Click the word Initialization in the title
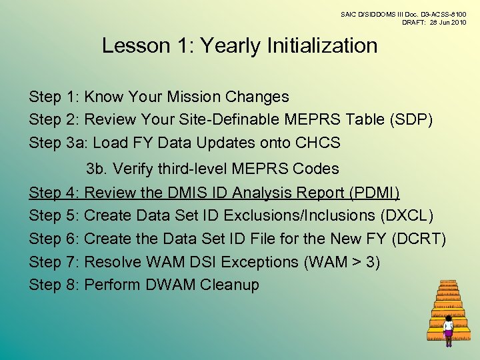pyautogui.click(x=322, y=46)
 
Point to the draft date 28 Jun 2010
pyautogui.click(x=443, y=23)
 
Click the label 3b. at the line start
pyautogui.click(x=97, y=169)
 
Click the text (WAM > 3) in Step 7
pyautogui.click(x=342, y=262)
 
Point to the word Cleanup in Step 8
pyautogui.click(x=230, y=285)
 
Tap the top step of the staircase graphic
pyautogui.click(x=448, y=283)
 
